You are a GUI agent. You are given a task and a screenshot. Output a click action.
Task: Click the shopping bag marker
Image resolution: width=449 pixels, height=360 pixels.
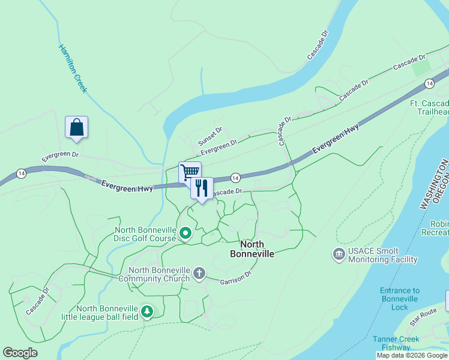point(76,128)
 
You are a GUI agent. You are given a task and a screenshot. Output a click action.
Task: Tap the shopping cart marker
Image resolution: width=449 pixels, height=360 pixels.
point(190,172)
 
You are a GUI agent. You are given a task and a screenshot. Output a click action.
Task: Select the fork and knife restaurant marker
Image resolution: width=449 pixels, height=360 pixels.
point(202,188)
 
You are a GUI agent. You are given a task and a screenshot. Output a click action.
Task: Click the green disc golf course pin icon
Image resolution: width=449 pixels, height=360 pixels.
point(185,233)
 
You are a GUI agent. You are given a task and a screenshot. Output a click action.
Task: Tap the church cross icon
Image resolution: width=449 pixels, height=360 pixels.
point(199,274)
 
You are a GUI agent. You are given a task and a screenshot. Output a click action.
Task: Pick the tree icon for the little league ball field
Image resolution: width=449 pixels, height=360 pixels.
point(147,312)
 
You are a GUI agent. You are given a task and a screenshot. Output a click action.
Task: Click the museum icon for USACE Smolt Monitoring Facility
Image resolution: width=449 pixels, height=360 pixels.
point(339,255)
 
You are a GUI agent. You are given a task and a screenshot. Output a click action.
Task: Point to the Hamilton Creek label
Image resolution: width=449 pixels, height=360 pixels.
point(73,68)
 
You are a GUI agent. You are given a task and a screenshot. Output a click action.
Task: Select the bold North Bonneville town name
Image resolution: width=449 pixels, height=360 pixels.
point(252,249)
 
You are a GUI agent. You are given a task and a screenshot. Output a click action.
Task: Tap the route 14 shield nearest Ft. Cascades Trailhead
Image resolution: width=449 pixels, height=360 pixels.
point(429,83)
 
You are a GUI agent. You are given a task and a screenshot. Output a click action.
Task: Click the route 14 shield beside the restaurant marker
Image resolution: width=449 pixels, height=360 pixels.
point(235,178)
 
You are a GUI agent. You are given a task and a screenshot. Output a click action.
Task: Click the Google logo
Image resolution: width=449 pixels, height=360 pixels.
point(20,353)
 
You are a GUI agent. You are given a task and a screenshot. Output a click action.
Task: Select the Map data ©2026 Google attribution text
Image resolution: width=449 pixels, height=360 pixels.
point(412,355)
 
